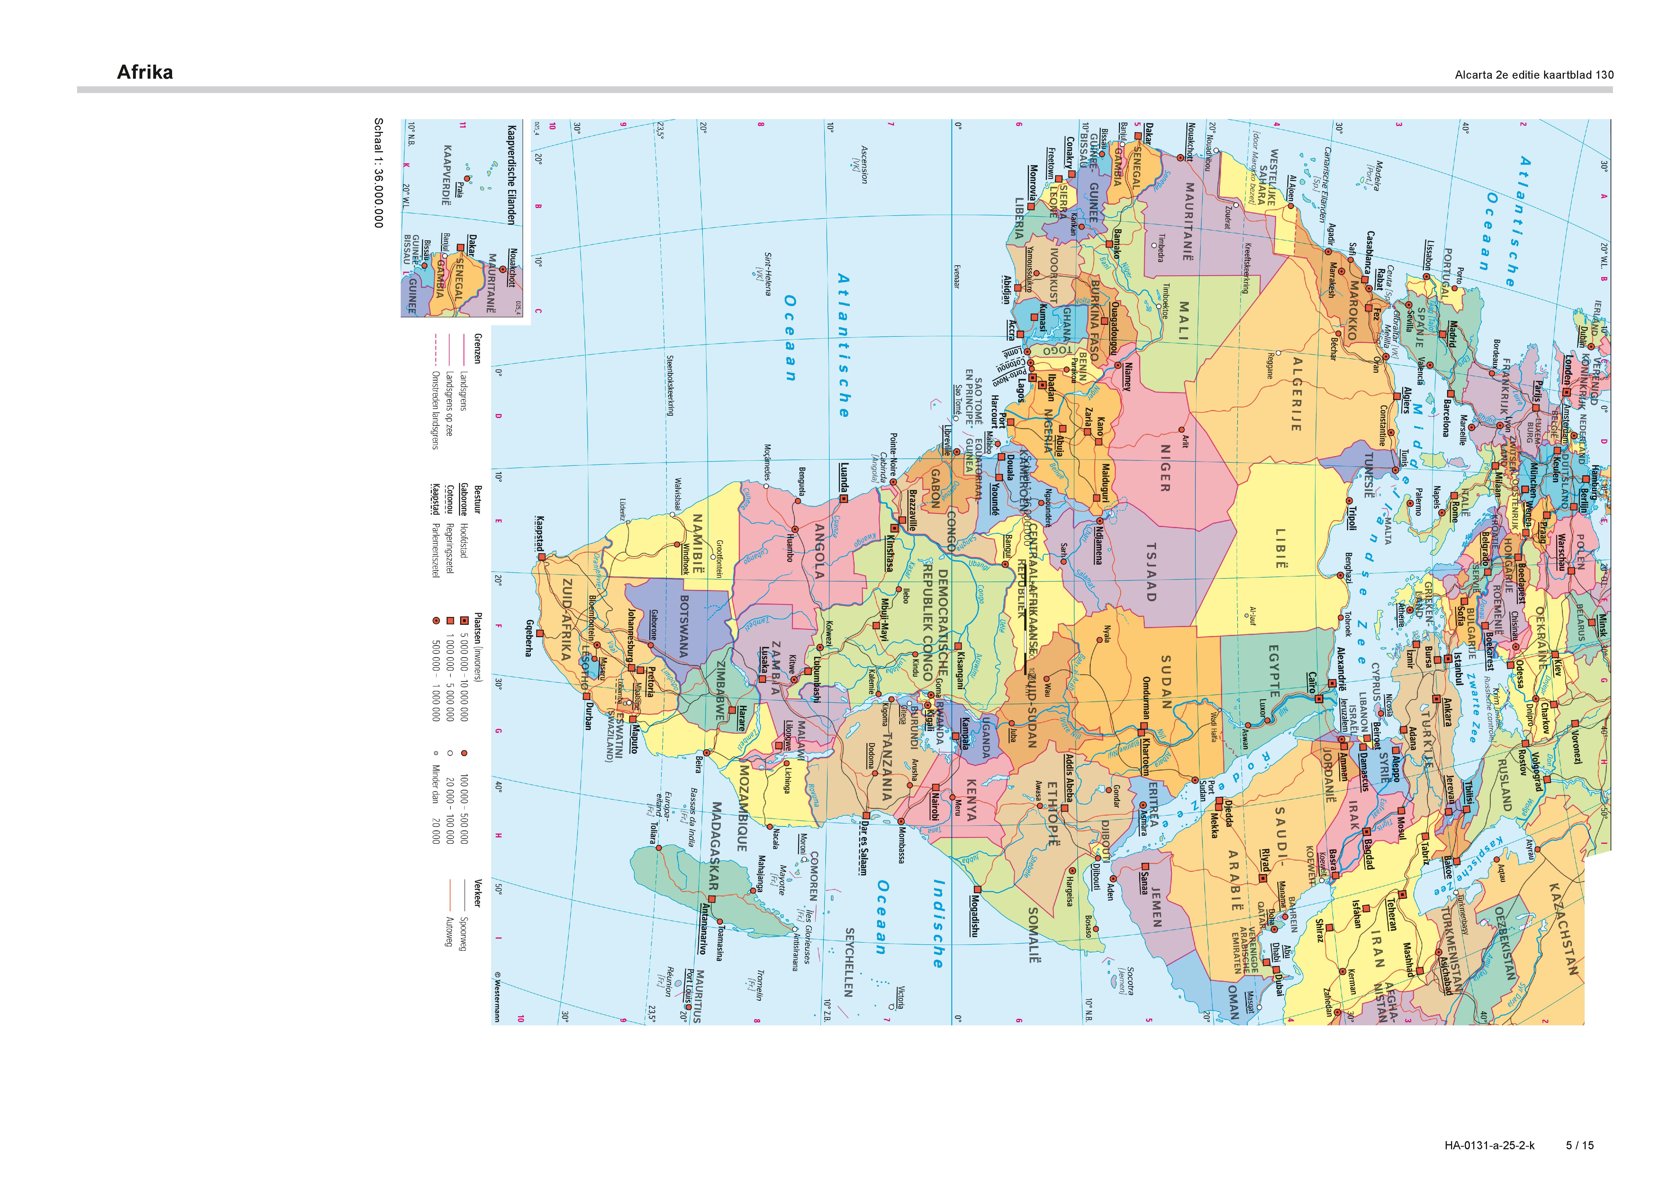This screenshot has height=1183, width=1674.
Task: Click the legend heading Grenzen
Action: (477, 349)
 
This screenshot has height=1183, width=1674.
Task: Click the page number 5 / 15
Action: (1580, 1145)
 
